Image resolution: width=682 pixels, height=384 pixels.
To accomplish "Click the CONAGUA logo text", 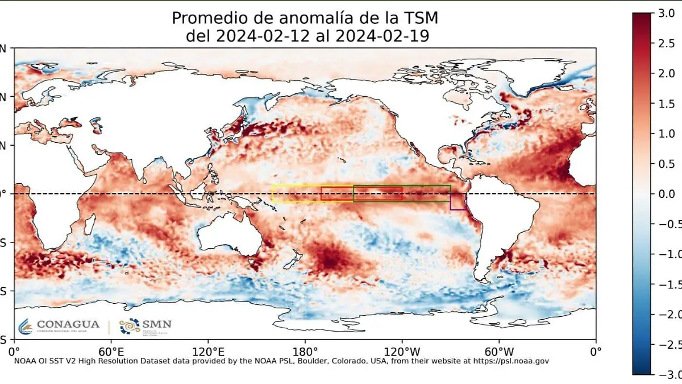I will [x=68, y=324].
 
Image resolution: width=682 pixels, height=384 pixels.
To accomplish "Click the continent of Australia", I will [x=227, y=236].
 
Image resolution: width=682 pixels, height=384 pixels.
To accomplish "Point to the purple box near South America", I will [x=458, y=202].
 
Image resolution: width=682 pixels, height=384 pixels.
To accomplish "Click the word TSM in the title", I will [x=421, y=18].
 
